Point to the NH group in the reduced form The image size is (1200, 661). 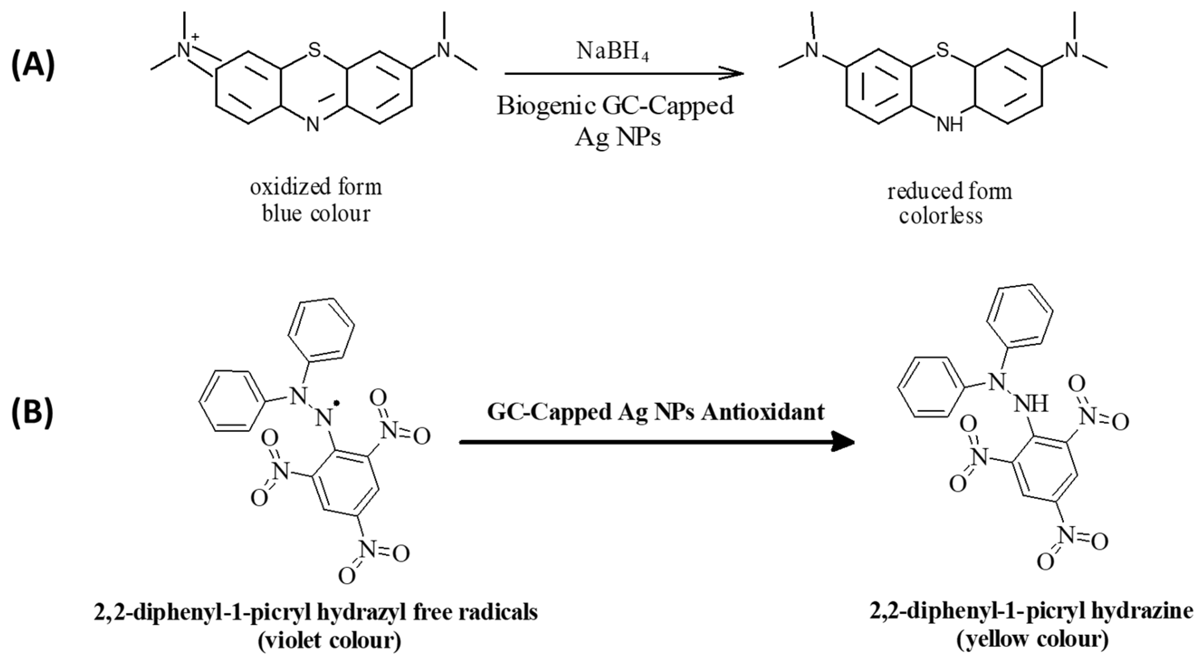click(x=949, y=124)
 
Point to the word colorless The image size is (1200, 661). click(x=940, y=216)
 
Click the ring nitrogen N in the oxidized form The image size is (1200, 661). click(x=313, y=124)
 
